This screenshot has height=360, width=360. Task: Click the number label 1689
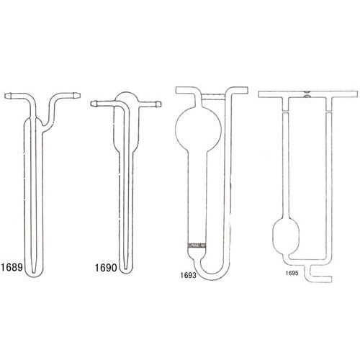[12, 267]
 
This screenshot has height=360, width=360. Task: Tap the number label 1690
[106, 268]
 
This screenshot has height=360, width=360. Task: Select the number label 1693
[189, 275]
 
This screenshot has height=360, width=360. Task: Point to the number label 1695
[292, 273]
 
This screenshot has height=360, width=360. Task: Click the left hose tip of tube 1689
[8, 96]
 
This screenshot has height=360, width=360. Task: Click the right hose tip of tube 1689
[77, 95]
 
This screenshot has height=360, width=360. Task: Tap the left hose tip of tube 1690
[94, 104]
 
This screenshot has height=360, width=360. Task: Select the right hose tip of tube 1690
[158, 104]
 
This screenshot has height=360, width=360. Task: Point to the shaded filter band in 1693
[197, 246]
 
